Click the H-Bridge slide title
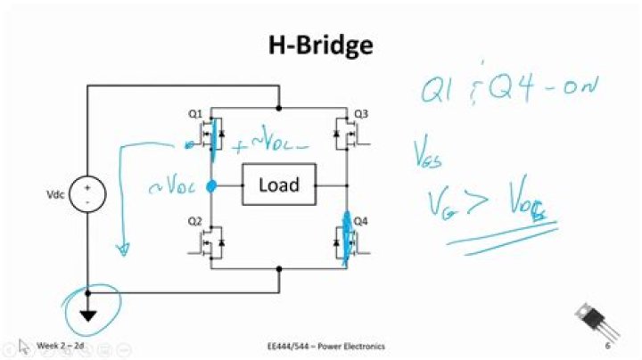[x=320, y=44]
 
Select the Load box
[x=278, y=185]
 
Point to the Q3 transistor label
[x=361, y=114]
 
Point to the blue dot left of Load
[x=212, y=186]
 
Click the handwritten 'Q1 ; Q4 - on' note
[x=509, y=88]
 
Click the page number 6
[x=606, y=345]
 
